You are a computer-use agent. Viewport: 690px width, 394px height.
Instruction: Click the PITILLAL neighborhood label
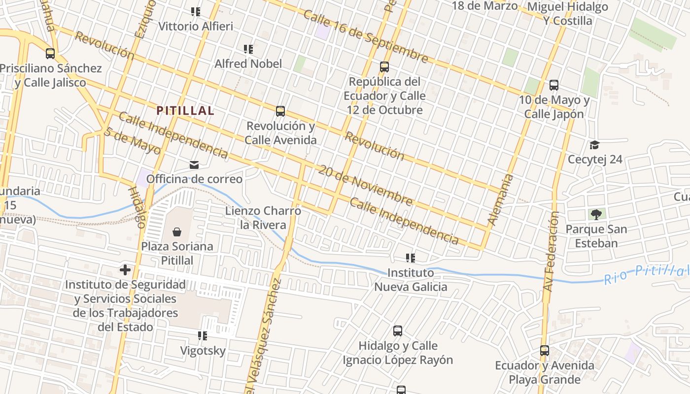[x=185, y=111]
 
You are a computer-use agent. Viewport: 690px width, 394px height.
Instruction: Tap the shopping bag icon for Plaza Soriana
[x=177, y=231]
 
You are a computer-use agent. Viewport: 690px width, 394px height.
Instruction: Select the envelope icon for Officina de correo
[x=194, y=164]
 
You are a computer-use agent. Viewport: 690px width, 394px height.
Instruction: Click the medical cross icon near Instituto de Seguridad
[x=125, y=270]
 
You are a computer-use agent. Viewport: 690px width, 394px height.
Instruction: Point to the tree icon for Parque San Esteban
[x=596, y=214]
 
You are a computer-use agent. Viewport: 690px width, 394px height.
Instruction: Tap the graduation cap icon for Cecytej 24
[x=594, y=145]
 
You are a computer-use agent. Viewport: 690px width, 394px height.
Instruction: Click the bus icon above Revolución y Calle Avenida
[x=280, y=111]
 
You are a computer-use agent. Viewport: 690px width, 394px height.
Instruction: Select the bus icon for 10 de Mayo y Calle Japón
[x=554, y=85]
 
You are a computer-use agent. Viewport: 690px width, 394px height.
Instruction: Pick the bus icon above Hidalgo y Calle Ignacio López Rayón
[x=398, y=331]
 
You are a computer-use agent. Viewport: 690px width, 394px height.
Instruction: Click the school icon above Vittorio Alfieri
[x=196, y=11]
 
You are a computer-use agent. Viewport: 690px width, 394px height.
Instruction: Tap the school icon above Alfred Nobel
[x=248, y=49]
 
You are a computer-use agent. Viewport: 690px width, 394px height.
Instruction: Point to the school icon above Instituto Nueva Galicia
[x=410, y=258]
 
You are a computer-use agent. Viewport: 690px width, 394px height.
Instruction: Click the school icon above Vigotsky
[x=202, y=336]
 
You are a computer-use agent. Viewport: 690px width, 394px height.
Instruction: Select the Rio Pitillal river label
[x=646, y=274]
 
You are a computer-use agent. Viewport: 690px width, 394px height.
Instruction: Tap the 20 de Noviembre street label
[x=365, y=186]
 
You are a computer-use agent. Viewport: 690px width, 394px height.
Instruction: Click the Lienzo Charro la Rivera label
[x=263, y=218]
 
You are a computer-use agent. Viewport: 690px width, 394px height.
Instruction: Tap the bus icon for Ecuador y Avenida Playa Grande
[x=545, y=351]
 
